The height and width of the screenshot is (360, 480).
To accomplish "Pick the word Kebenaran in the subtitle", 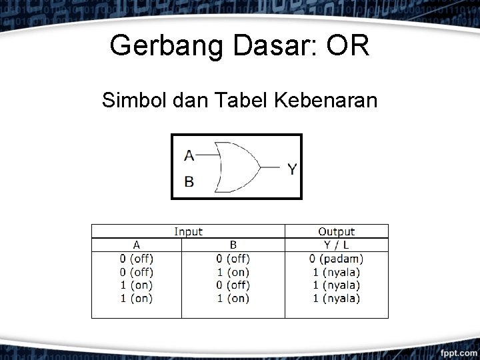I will tap(324, 101).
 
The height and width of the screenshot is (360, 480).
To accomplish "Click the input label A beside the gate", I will tap(189, 155).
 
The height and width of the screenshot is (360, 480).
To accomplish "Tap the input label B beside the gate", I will tap(189, 181).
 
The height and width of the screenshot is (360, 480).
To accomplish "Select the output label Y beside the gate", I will tap(292, 169).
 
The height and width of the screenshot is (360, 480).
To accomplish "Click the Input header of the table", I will tap(188, 231).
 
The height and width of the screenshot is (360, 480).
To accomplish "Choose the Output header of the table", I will tap(336, 231).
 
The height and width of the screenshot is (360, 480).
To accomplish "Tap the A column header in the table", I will tap(136, 245).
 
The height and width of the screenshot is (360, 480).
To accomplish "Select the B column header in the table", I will tap(233, 245).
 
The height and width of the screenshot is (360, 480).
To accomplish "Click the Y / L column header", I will tap(336, 245).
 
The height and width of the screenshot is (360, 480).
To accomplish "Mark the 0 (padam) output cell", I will tap(336, 259).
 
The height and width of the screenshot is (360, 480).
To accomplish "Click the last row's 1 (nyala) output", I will tap(336, 298).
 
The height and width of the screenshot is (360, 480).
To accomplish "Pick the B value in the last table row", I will tap(233, 298).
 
